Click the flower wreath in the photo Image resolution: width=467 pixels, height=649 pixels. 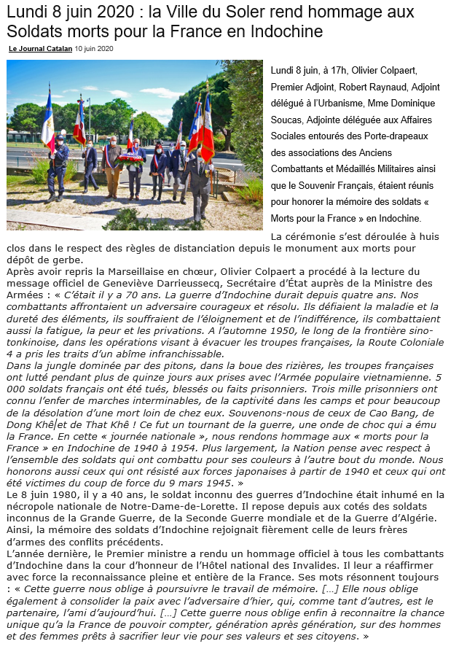[131, 157]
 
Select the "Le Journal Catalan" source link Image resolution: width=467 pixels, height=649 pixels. [40, 49]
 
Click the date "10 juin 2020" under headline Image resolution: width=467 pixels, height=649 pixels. [95, 49]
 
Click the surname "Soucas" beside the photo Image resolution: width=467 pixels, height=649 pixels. [291, 120]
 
